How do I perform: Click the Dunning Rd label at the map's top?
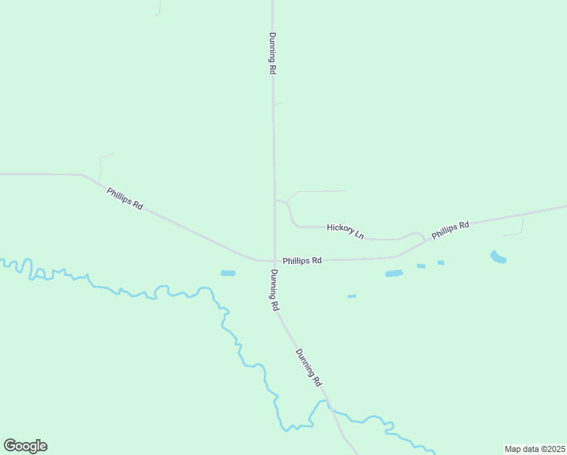point(272,52)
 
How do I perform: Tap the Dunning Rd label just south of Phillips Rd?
point(275,290)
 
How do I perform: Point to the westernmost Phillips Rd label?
point(125,199)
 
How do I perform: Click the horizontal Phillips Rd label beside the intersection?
point(302,260)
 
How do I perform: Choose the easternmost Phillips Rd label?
point(450,230)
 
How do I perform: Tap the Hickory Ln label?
point(346,231)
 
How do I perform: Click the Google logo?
point(25,446)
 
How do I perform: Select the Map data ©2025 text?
point(534,449)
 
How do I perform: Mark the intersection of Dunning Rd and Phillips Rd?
point(274,260)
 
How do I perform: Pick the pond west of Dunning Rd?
point(228,273)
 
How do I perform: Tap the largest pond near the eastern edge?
point(498,257)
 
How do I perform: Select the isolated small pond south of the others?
point(352,297)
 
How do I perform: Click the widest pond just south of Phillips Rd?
point(393,273)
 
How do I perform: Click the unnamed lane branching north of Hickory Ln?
point(318,191)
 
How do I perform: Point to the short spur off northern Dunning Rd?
point(277,103)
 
